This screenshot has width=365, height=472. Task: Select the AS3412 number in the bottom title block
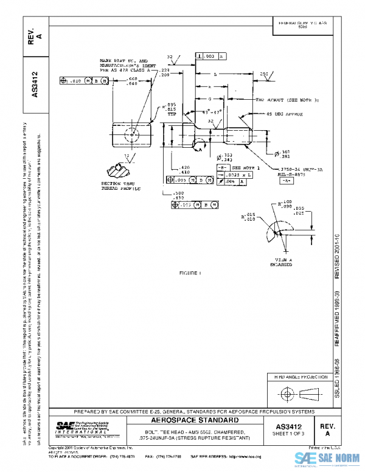[x=294, y=426]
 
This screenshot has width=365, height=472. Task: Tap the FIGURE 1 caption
[x=190, y=273]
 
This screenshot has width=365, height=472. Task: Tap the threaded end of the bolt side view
[x=240, y=133]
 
